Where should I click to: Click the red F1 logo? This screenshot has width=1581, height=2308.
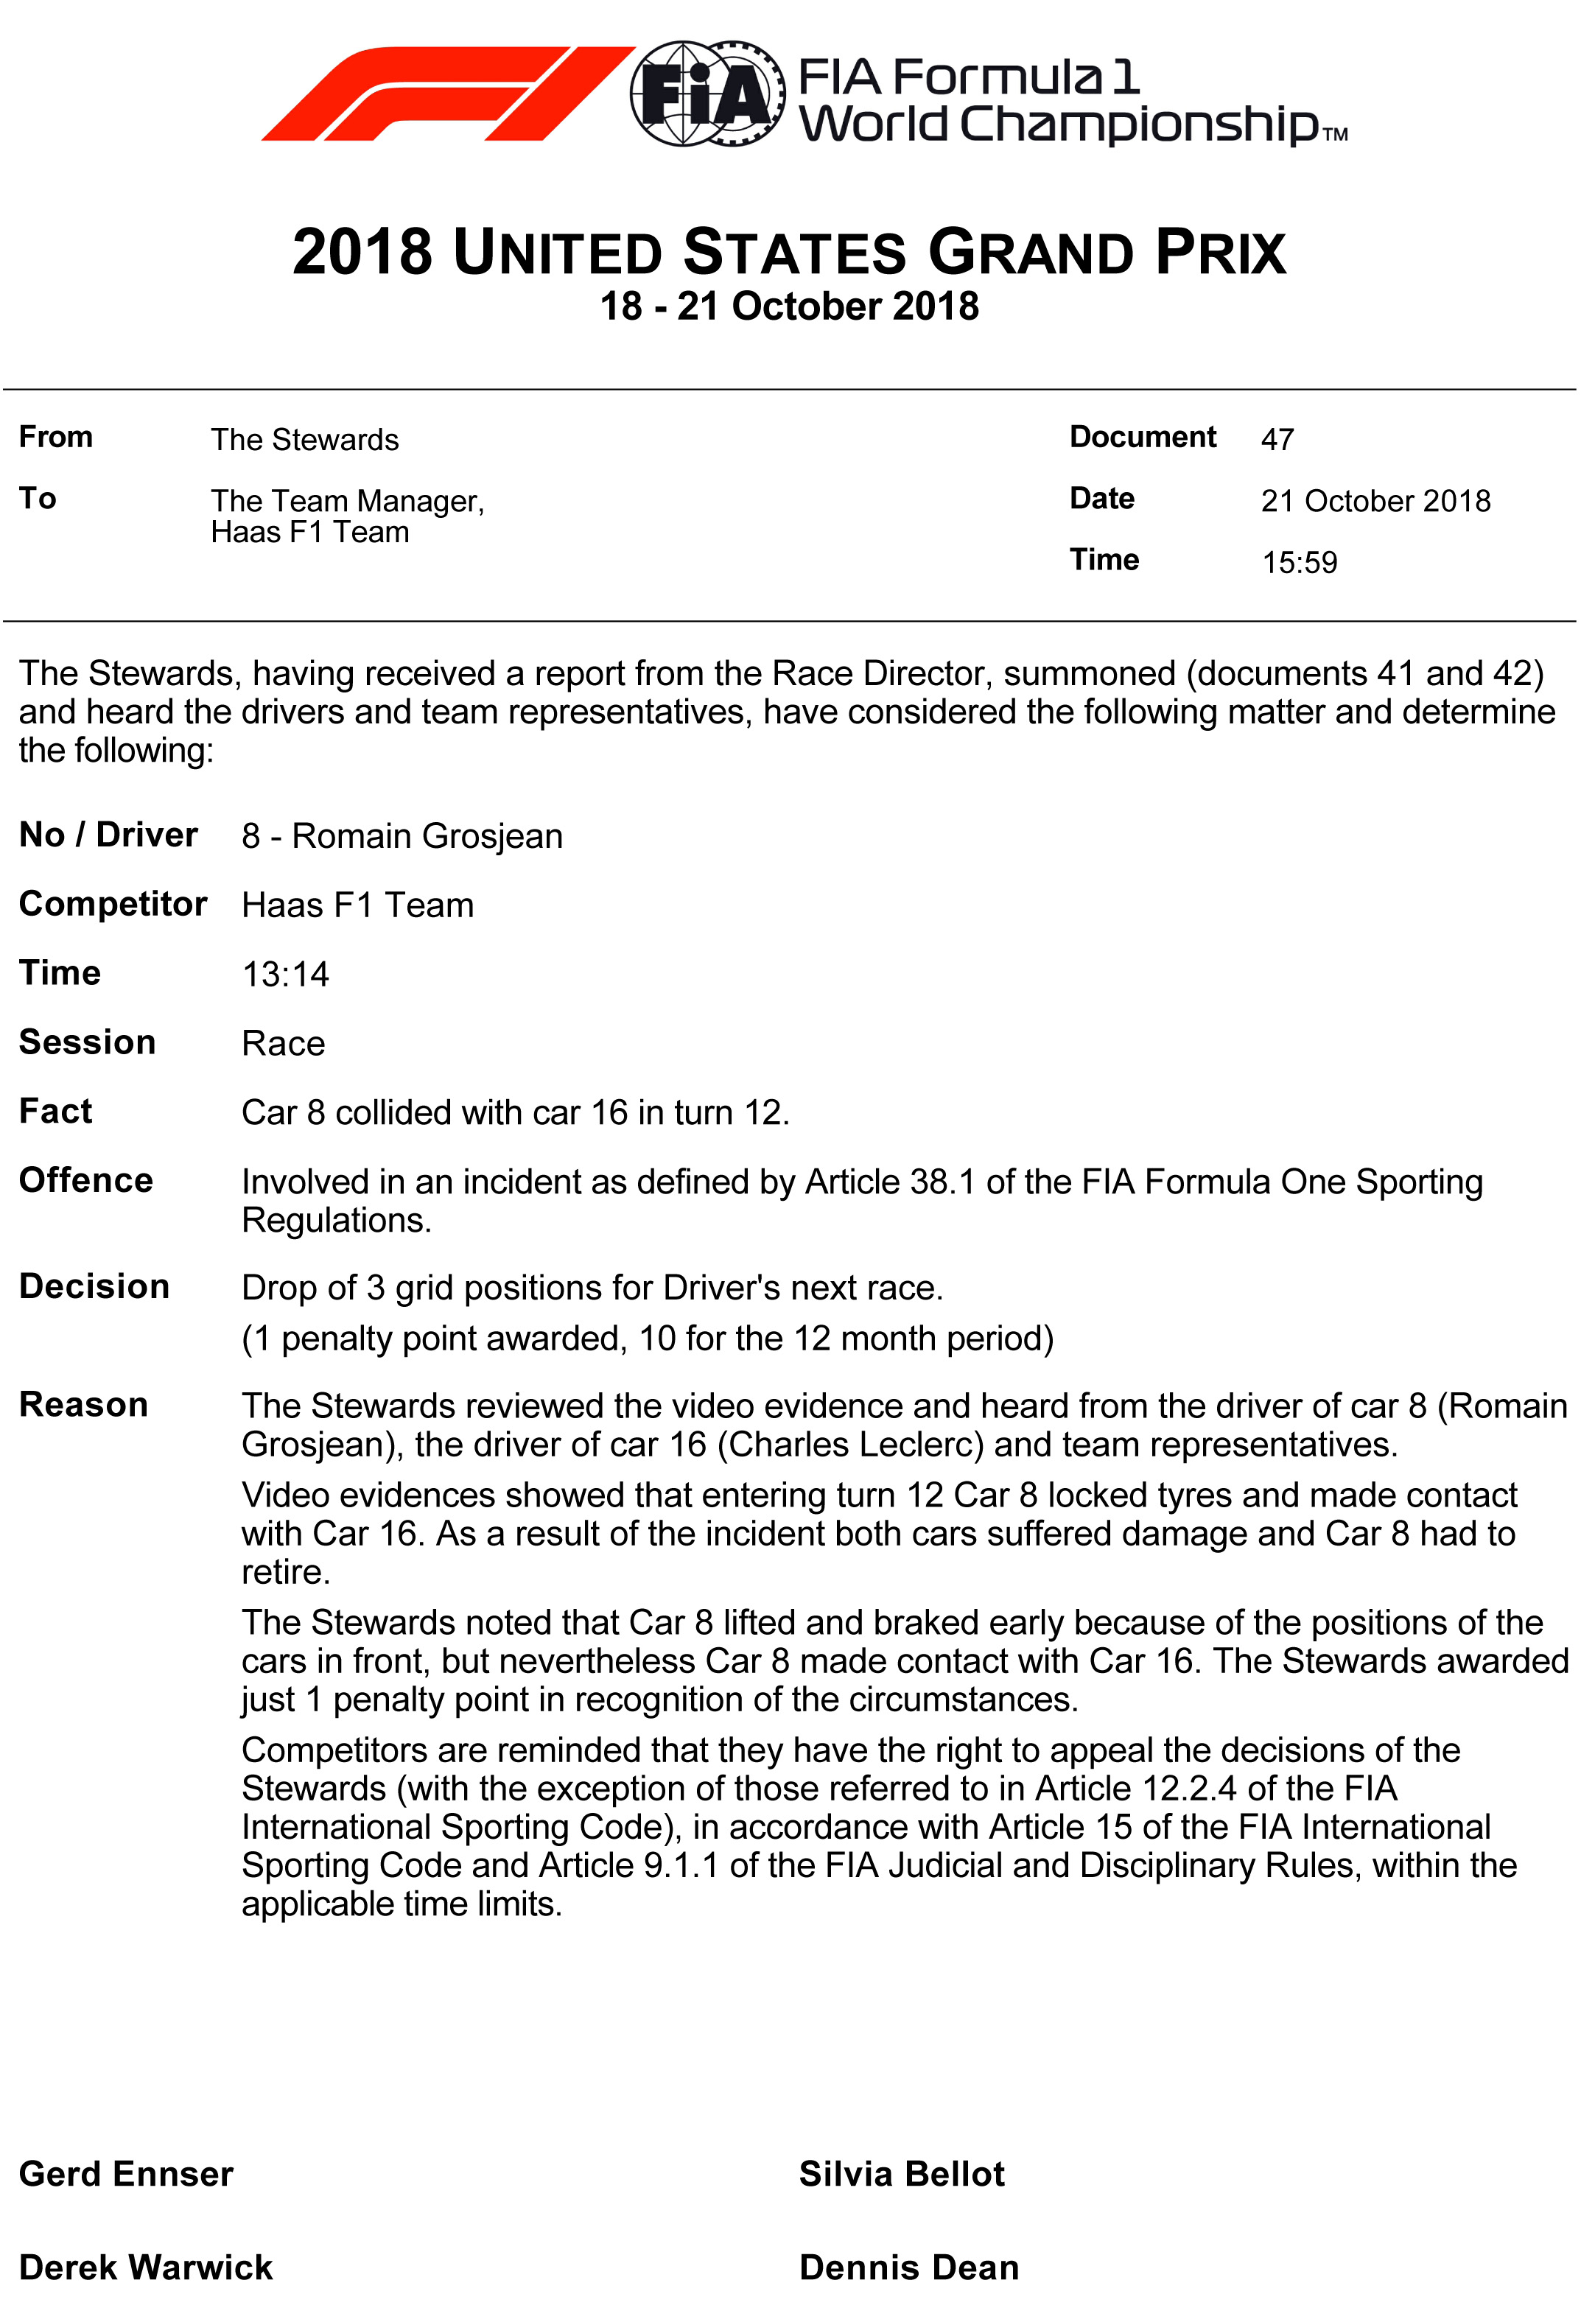pyautogui.click(x=447, y=94)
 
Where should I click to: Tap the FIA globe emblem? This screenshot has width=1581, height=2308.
pyautogui.click(x=706, y=94)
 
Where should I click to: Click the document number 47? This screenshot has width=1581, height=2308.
pyautogui.click(x=1277, y=440)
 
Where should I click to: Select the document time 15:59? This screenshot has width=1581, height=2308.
pyautogui.click(x=1299, y=563)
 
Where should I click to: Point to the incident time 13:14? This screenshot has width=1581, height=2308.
pyautogui.click(x=285, y=974)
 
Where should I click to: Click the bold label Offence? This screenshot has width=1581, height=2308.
pyautogui.click(x=86, y=1180)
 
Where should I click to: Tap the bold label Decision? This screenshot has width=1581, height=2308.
pyautogui.click(x=94, y=1286)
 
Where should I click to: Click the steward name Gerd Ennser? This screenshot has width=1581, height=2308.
pyautogui.click(x=126, y=2173)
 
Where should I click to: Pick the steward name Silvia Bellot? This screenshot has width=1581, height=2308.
pyautogui.click(x=902, y=2173)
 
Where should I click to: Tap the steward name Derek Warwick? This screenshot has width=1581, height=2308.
pyautogui.click(x=146, y=2267)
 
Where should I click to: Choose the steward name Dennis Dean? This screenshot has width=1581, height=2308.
pyautogui.click(x=908, y=2267)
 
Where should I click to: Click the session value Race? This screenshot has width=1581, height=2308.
pyautogui.click(x=283, y=1044)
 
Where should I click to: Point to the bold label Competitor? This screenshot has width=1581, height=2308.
pyautogui.click(x=113, y=904)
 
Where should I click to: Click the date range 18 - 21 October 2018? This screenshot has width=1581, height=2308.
pyautogui.click(x=790, y=306)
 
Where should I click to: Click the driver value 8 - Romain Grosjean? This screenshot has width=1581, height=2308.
pyautogui.click(x=402, y=836)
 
